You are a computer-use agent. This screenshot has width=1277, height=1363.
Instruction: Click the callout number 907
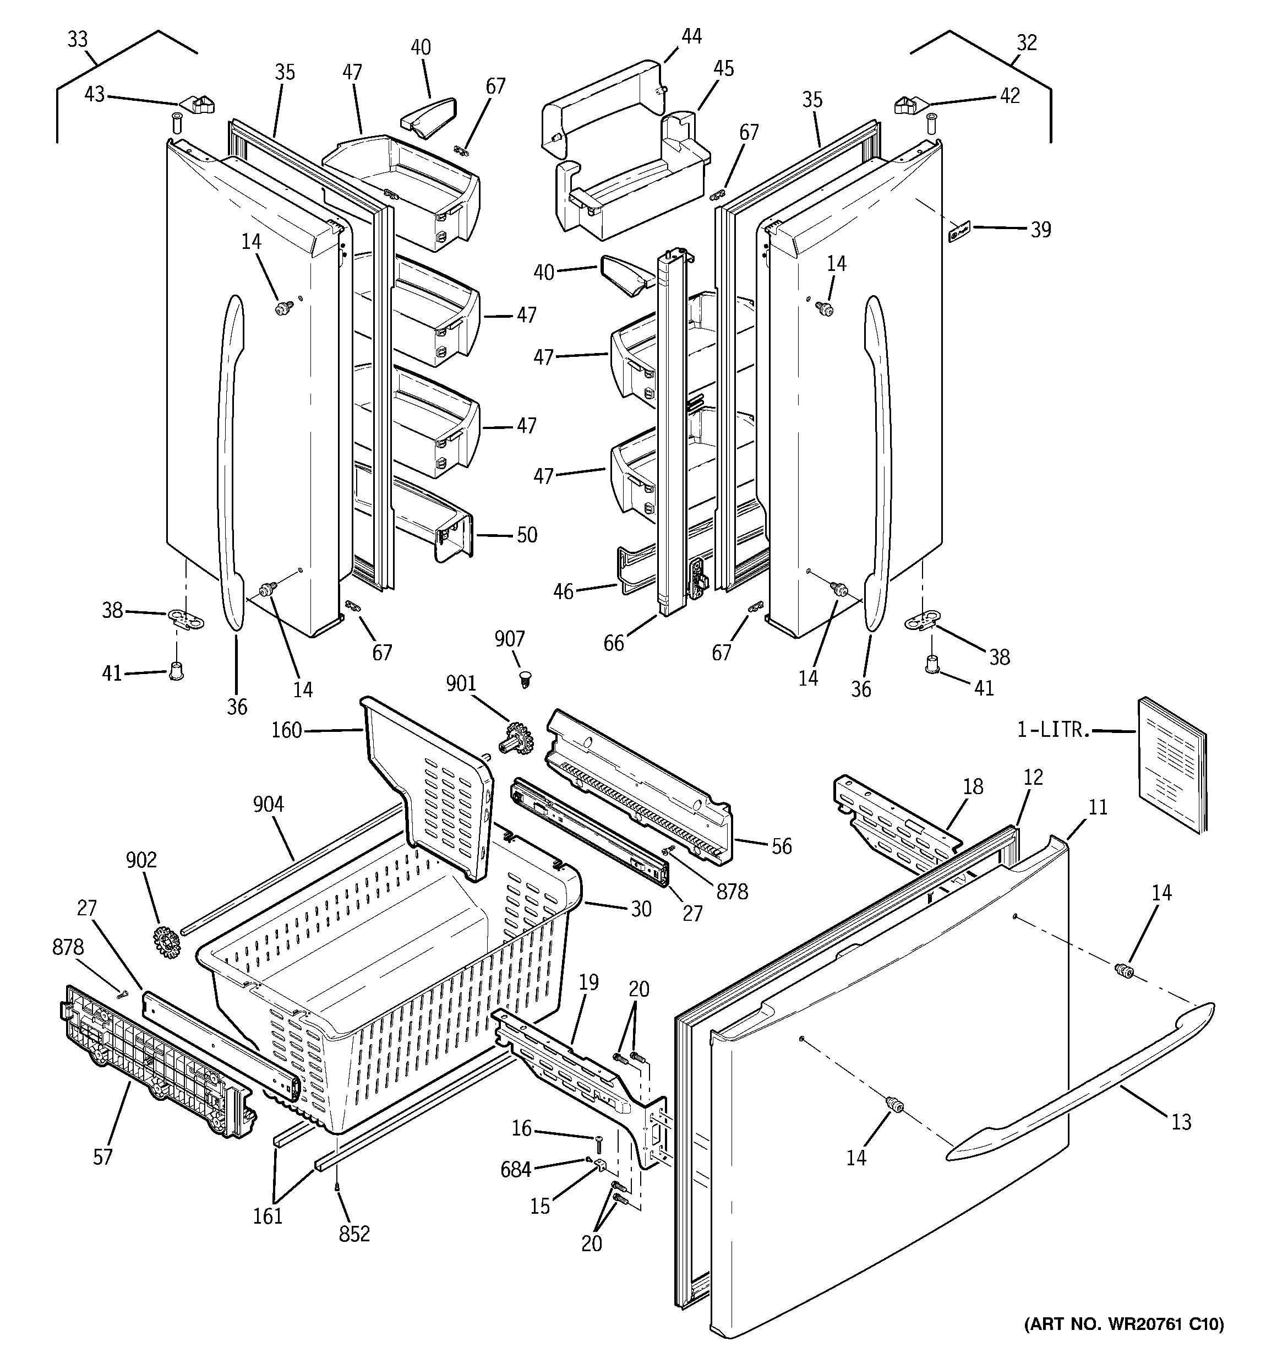click(509, 639)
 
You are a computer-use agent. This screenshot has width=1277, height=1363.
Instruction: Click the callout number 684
click(515, 1170)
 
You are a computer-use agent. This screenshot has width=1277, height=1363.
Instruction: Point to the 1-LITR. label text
click(1053, 730)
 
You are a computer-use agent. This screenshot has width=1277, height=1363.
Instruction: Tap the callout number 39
click(1040, 230)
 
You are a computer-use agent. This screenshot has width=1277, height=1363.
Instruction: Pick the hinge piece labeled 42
click(908, 105)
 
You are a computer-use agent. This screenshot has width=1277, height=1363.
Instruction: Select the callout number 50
click(526, 535)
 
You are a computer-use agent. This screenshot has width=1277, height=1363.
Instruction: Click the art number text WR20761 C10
click(1123, 1343)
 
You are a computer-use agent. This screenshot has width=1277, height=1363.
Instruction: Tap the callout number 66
click(614, 643)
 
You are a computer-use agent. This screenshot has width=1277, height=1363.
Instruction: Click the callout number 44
click(691, 36)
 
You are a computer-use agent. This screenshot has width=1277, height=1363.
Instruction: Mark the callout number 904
click(268, 803)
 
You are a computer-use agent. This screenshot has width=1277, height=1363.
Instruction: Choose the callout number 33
click(78, 40)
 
